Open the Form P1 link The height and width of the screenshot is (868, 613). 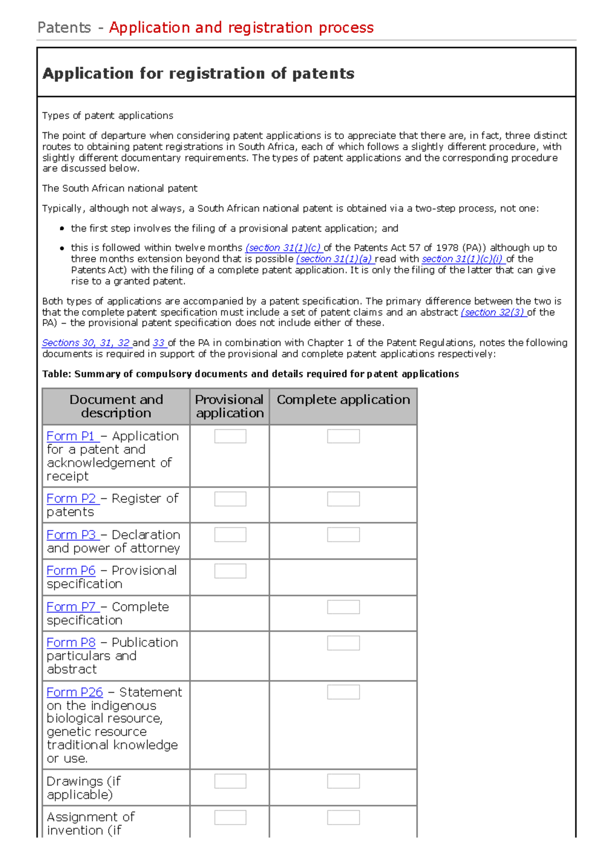[x=71, y=436]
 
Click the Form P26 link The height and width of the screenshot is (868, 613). [x=75, y=692]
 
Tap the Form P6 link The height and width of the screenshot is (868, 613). [x=71, y=570]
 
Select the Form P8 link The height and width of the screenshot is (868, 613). [x=71, y=643]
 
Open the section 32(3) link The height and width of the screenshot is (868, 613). [x=493, y=312]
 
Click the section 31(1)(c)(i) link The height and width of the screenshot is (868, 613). [x=463, y=259]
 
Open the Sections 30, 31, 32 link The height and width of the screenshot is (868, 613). [x=86, y=343]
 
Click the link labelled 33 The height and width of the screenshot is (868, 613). [x=159, y=343]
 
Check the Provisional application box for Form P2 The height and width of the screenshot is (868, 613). [x=230, y=499]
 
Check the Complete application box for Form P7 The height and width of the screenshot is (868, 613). [x=343, y=607]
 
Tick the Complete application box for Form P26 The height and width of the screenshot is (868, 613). [x=343, y=692]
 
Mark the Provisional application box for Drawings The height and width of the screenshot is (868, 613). [x=230, y=781]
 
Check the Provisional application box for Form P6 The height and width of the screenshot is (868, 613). [x=230, y=571]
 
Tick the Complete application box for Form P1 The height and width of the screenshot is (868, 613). [x=343, y=436]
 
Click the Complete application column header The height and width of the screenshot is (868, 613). [x=343, y=400]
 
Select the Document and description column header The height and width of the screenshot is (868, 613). [x=116, y=406]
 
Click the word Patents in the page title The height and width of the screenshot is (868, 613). [x=64, y=28]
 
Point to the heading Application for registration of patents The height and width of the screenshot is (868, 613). [x=198, y=74]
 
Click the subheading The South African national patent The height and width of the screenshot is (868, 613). [x=120, y=188]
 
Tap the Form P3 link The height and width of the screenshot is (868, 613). [x=71, y=535]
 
